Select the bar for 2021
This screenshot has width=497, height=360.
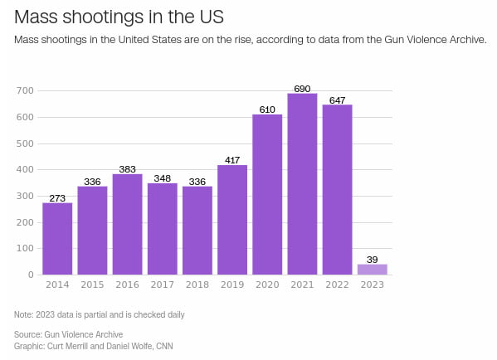[x=302, y=184]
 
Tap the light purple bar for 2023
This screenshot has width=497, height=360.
[x=372, y=269]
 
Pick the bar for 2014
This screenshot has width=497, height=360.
[x=57, y=239]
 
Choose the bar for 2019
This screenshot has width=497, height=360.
[x=232, y=220]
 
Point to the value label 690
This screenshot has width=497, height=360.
[x=302, y=87]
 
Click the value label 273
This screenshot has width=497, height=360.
[x=57, y=197]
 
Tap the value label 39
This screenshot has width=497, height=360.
[x=372, y=259]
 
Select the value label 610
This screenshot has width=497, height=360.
[x=267, y=109]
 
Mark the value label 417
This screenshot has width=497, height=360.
[x=232, y=159]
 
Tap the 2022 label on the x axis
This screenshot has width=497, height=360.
[x=337, y=285]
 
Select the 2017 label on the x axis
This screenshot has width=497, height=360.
[x=162, y=285]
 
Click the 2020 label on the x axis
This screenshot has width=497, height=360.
[x=267, y=285]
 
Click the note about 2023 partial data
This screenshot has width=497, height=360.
[x=99, y=314]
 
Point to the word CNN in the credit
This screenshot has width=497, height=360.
[x=163, y=346]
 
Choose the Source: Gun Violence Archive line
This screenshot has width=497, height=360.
[x=69, y=333]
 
